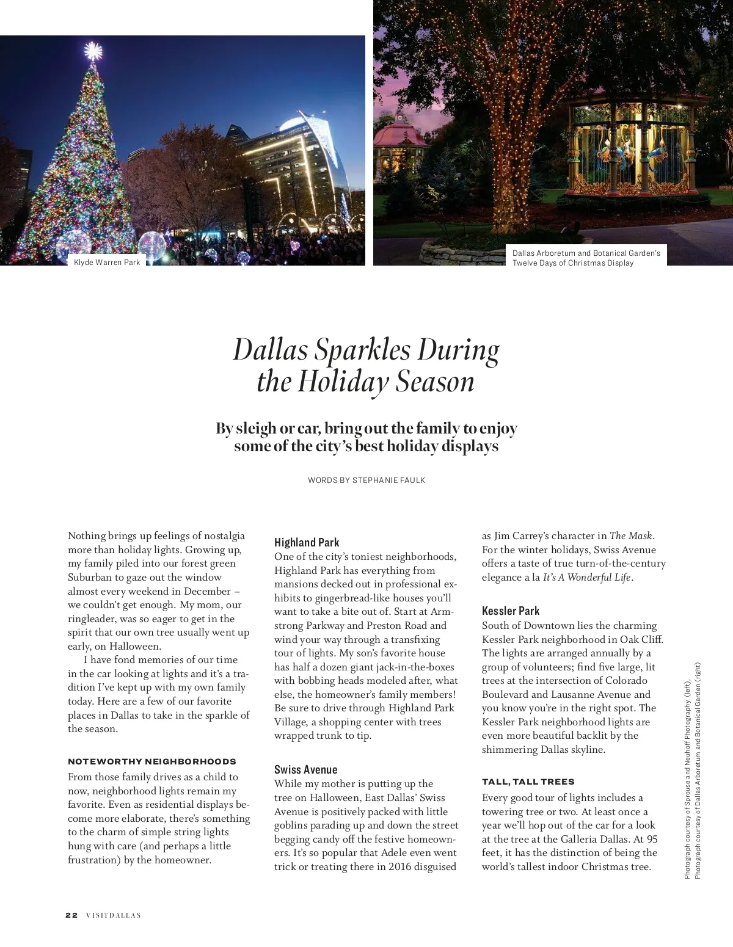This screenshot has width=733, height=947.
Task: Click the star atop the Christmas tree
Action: [93, 51]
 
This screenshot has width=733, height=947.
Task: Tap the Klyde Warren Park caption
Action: [107, 263]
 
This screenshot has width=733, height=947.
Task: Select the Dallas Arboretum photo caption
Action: [586, 258]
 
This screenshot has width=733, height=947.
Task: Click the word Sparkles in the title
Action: [362, 350]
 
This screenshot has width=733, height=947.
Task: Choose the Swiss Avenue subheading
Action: [305, 769]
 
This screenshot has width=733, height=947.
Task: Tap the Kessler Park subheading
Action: [511, 611]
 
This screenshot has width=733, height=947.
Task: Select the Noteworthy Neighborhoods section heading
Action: [151, 761]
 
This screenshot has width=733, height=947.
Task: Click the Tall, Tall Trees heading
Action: [528, 782]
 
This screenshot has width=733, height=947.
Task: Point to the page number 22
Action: [71, 915]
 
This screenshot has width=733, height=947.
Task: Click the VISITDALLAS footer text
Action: [113, 915]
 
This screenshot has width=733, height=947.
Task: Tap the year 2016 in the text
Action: [401, 866]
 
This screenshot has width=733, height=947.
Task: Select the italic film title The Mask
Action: [632, 536]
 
